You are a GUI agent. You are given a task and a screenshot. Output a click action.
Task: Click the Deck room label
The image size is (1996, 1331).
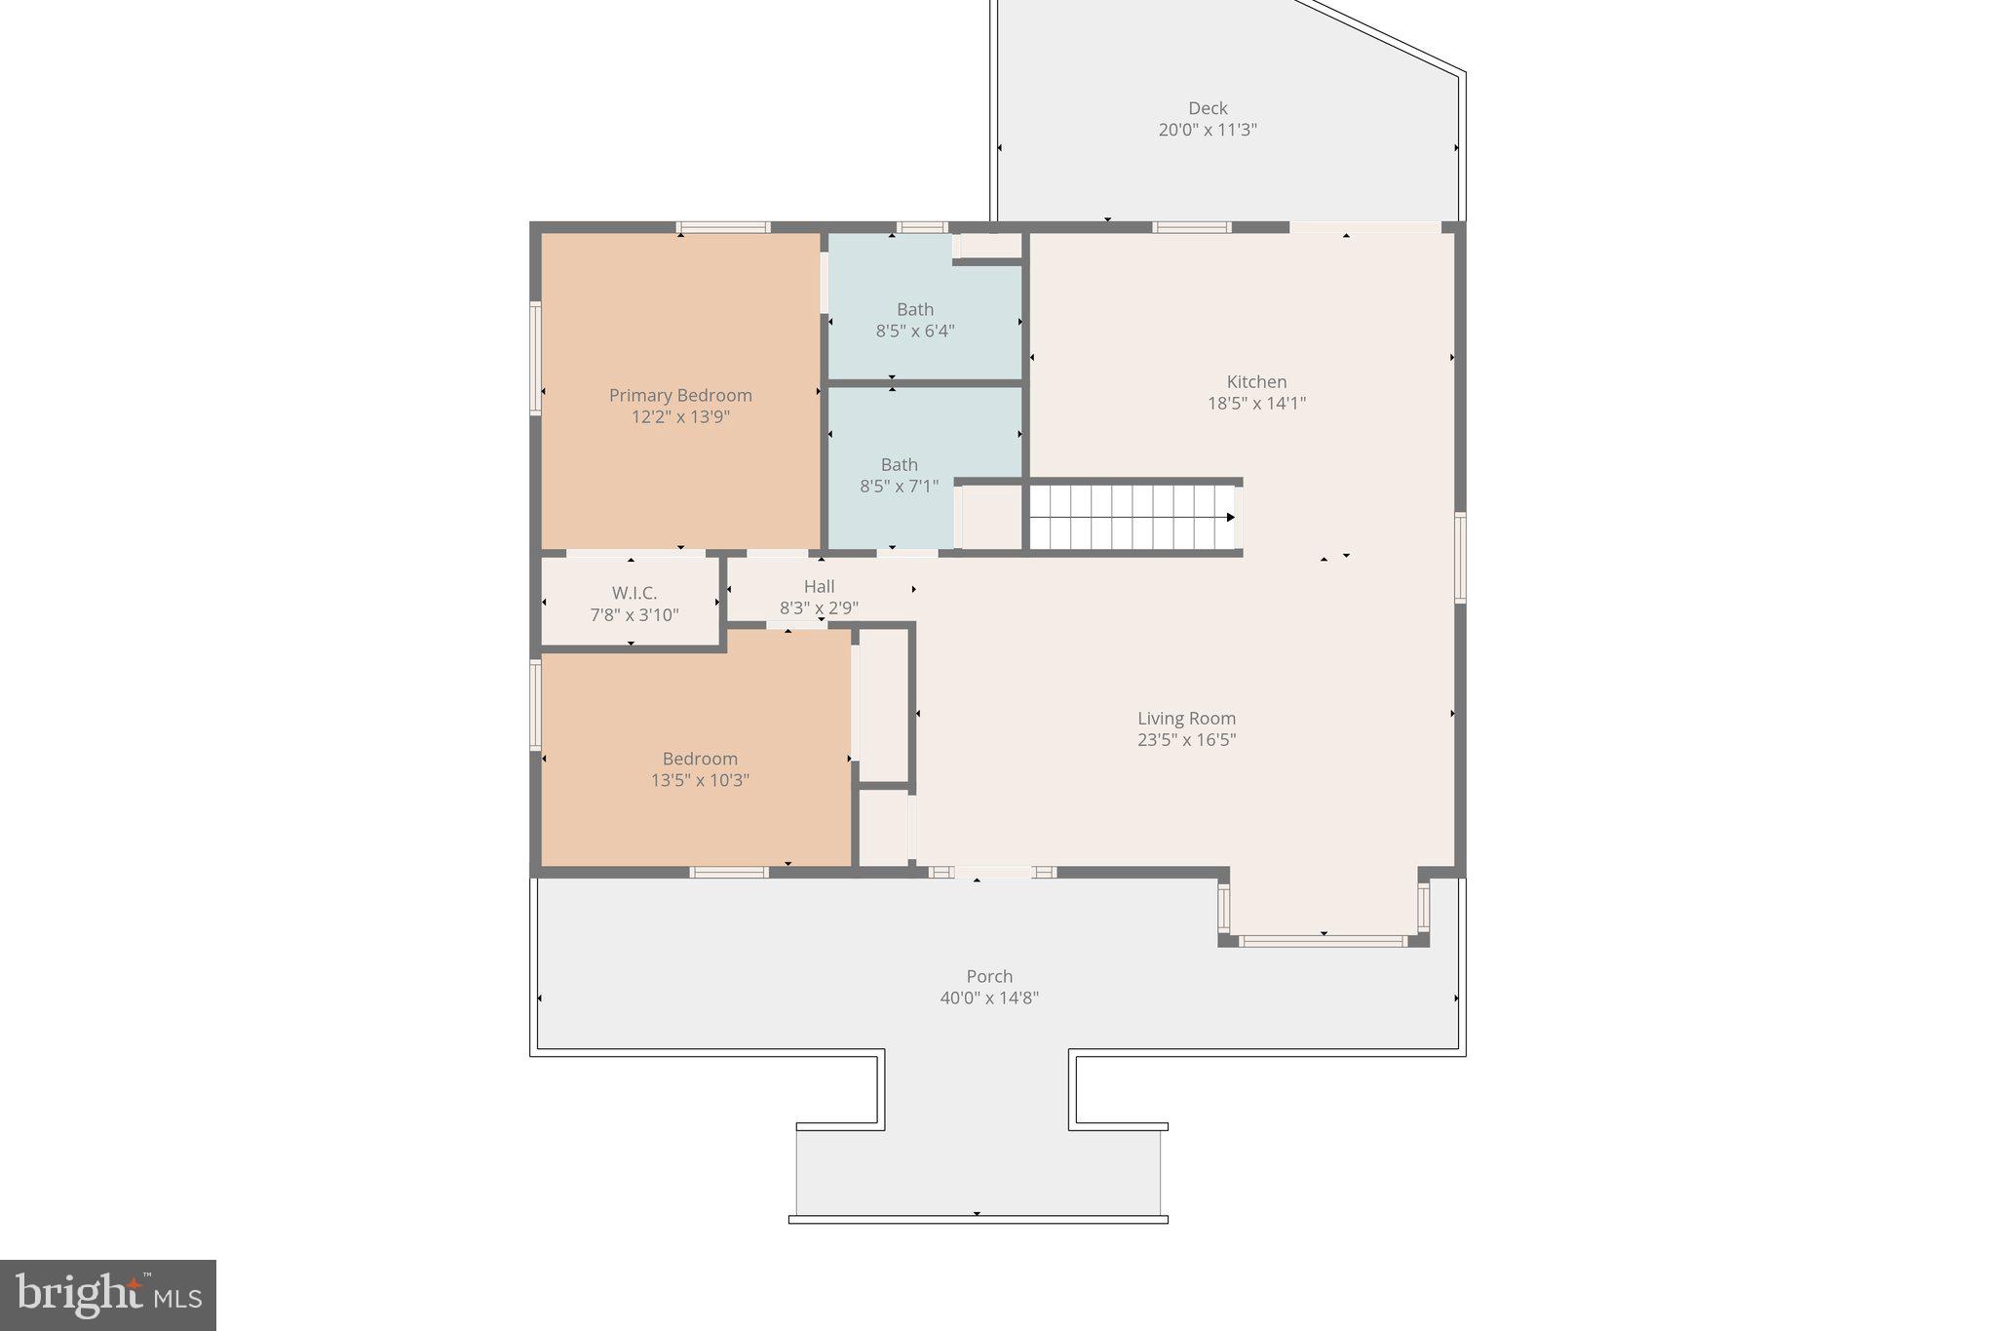click(x=1207, y=108)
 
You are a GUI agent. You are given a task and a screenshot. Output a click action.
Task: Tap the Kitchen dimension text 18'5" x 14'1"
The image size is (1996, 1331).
click(x=1256, y=403)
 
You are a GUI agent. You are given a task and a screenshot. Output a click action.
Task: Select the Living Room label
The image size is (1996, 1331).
click(x=1186, y=719)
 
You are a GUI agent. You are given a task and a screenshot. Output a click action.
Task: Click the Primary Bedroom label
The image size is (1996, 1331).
click(x=680, y=395)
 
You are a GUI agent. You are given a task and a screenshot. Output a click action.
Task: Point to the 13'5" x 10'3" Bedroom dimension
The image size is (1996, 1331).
click(x=700, y=780)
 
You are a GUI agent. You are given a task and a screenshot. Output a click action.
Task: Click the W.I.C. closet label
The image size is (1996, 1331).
click(x=634, y=593)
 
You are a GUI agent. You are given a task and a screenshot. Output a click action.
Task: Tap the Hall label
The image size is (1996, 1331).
click(x=819, y=586)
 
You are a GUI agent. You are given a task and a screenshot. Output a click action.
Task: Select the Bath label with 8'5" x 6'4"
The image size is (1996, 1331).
click(x=914, y=309)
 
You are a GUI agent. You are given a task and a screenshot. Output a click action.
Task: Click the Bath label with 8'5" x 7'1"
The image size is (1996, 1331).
click(x=899, y=464)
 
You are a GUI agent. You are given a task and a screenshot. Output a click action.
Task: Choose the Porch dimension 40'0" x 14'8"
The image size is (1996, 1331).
click(x=989, y=998)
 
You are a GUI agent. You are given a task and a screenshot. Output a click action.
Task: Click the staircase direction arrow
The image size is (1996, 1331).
click(x=1230, y=518)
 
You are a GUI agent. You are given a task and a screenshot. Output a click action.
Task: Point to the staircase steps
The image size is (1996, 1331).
click(x=1131, y=518)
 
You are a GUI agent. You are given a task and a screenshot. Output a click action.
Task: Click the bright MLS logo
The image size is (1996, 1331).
click(x=108, y=1295)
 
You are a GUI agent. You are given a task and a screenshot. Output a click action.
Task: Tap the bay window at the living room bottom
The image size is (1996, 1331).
click(x=1323, y=941)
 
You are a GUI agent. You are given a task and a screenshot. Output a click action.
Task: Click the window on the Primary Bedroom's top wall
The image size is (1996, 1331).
click(x=723, y=228)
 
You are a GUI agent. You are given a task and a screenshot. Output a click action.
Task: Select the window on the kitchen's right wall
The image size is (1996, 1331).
click(x=1459, y=557)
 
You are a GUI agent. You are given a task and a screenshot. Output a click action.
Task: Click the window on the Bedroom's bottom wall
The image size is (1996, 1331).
click(x=729, y=872)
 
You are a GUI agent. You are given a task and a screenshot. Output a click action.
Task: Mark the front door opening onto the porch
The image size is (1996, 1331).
click(x=992, y=872)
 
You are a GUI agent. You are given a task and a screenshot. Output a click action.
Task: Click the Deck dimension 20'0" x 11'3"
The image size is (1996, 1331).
click(x=1207, y=130)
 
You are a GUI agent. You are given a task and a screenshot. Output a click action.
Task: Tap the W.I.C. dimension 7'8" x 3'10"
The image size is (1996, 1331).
click(x=634, y=615)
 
